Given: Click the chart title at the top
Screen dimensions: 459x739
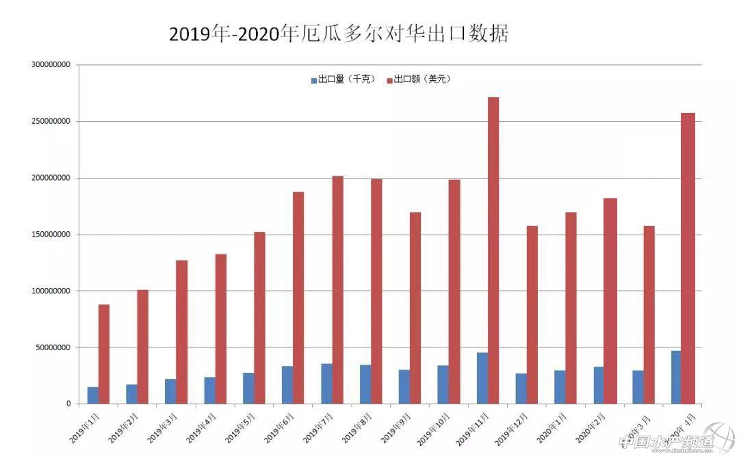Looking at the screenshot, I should tap(339, 34).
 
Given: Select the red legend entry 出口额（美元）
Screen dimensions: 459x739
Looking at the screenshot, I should tap(419, 79).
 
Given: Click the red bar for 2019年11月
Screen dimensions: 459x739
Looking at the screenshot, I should tap(493, 250).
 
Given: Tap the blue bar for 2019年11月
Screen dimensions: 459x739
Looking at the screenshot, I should tap(482, 378).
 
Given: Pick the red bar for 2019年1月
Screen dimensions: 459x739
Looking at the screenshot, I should tap(104, 354).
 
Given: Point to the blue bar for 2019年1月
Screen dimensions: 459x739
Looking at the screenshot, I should tap(93, 395).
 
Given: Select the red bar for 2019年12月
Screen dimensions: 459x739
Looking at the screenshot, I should tap(532, 315).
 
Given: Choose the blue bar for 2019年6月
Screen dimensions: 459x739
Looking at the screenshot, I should tap(287, 384).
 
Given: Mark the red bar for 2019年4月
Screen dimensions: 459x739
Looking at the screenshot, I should tap(221, 328).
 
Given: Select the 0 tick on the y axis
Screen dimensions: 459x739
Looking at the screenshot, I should tap(68, 404).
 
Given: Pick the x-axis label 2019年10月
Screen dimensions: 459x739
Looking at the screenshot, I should tap(435, 427).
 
